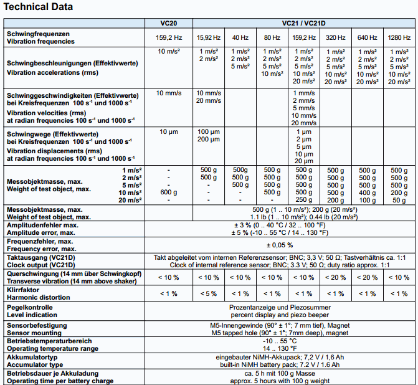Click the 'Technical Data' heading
(39, 7)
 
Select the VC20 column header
(168, 23)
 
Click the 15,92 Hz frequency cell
(209, 37)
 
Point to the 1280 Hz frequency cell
(399, 37)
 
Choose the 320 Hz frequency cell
(335, 37)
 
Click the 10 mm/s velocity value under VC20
(168, 93)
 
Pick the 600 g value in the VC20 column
(168, 192)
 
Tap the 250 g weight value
(304, 200)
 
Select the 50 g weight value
(399, 200)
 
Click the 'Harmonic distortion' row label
(39, 297)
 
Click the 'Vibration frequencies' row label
(40, 41)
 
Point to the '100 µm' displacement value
(209, 131)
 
